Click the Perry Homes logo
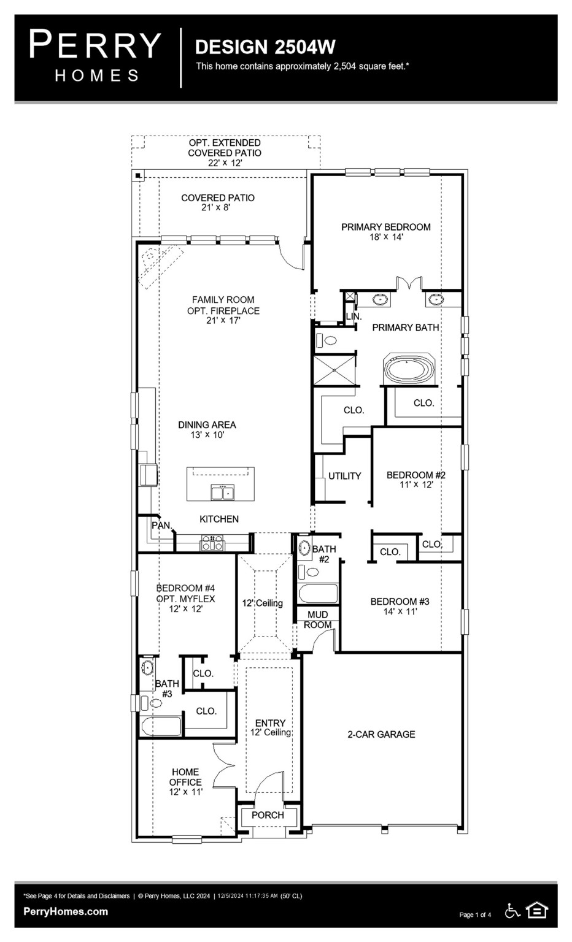[x=95, y=56]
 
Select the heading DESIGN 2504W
[x=265, y=47]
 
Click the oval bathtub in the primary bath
[x=409, y=370]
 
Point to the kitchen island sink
[x=222, y=492]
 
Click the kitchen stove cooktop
[x=212, y=543]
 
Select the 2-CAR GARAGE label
[x=381, y=734]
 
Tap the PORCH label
[x=268, y=815]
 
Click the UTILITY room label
[x=344, y=476]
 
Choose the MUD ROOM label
[x=318, y=619]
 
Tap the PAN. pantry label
[x=161, y=525]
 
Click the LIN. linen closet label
[x=354, y=316]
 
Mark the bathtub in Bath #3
[x=161, y=726]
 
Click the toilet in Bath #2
[x=312, y=572]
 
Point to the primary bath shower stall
[x=334, y=369]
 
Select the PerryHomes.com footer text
[x=66, y=911]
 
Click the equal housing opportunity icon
[x=537, y=911]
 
